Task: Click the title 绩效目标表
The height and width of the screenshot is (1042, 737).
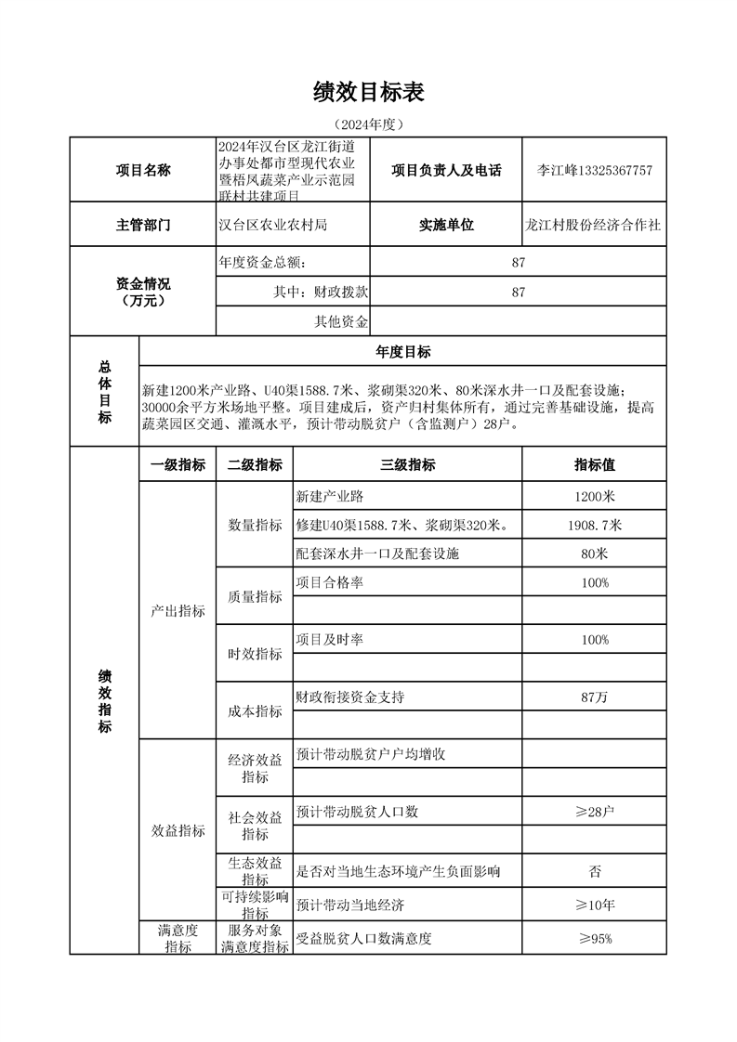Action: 369,92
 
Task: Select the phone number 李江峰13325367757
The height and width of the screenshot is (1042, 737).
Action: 595,171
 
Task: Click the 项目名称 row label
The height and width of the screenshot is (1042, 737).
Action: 142,171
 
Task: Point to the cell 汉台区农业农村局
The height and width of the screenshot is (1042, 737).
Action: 272,225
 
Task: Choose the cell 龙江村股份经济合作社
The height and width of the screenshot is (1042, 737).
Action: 594,225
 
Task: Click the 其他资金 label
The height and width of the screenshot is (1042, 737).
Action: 341,322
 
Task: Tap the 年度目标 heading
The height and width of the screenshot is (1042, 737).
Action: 402,352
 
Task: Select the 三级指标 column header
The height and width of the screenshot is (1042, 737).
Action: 407,465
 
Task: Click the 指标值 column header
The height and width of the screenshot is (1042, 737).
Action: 594,465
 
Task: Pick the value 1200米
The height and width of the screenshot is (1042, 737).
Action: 594,497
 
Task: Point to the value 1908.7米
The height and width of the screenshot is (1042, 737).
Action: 594,526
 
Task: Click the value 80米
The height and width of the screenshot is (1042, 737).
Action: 594,554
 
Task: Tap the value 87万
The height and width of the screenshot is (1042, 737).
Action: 594,697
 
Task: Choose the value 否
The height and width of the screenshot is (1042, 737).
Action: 594,871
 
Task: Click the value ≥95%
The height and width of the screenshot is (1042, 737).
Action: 594,939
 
